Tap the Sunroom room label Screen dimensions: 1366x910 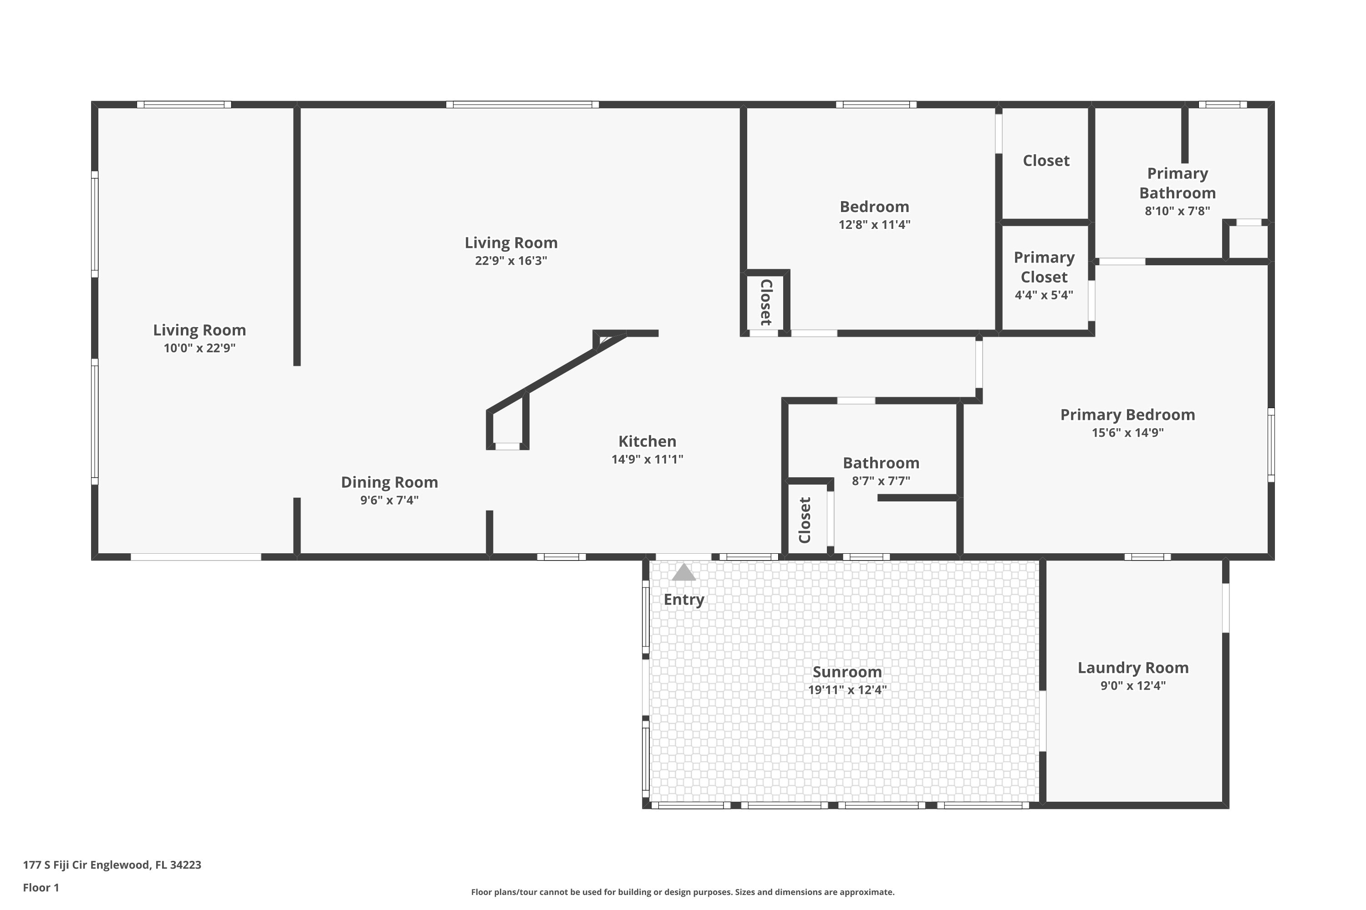(847, 672)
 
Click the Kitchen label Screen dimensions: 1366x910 (647, 441)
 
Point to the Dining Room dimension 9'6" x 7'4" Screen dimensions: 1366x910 (389, 500)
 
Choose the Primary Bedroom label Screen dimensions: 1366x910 (1127, 415)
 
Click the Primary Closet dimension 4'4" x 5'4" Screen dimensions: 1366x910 (1044, 295)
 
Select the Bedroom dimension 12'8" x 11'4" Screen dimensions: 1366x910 (874, 225)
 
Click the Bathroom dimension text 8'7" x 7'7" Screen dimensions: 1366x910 (881, 481)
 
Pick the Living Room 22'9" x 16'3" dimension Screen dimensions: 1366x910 (510, 261)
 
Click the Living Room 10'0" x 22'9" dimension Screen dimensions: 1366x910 (199, 348)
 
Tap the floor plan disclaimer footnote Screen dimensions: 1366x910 (683, 892)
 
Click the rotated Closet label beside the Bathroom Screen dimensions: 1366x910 (805, 520)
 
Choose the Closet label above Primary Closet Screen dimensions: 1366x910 (1045, 161)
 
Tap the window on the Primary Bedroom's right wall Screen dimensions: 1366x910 (1271, 445)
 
